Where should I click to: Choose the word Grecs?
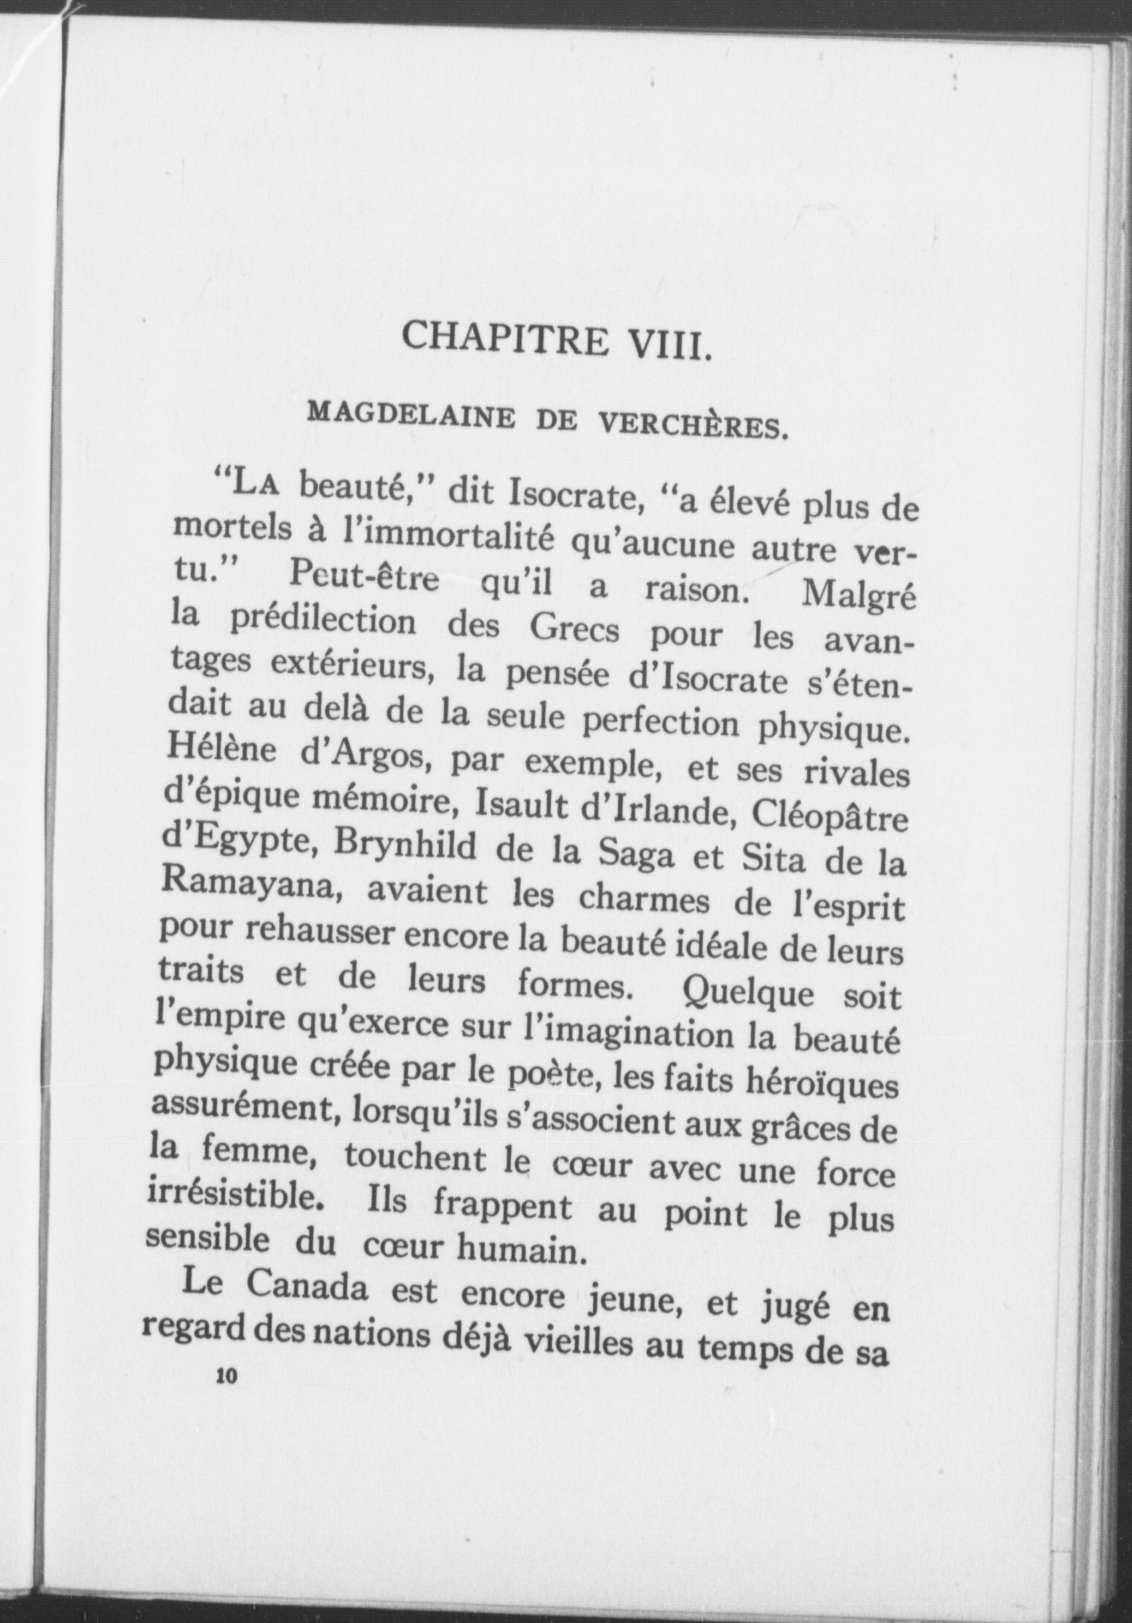point(578,631)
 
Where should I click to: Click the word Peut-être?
point(364,575)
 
